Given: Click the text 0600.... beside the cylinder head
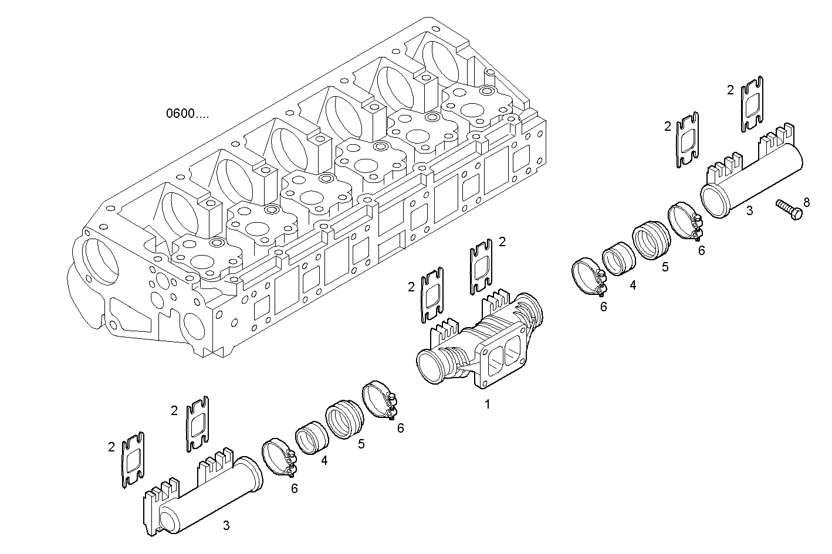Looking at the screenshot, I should [187, 114].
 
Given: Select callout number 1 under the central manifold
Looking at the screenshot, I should [486, 404].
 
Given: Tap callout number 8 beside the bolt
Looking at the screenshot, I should [807, 202].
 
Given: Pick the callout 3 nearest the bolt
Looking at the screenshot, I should [749, 210].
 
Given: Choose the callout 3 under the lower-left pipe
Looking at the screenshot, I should [226, 525].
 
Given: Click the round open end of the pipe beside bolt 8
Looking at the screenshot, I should [716, 202].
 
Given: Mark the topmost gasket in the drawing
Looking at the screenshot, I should [752, 103].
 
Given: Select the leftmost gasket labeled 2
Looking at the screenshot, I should [133, 459].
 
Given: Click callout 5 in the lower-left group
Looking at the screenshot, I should [361, 444].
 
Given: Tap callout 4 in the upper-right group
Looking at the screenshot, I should [633, 286].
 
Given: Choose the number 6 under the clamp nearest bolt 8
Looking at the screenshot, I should [701, 250].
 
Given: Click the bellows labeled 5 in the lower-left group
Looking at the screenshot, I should [346, 419].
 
